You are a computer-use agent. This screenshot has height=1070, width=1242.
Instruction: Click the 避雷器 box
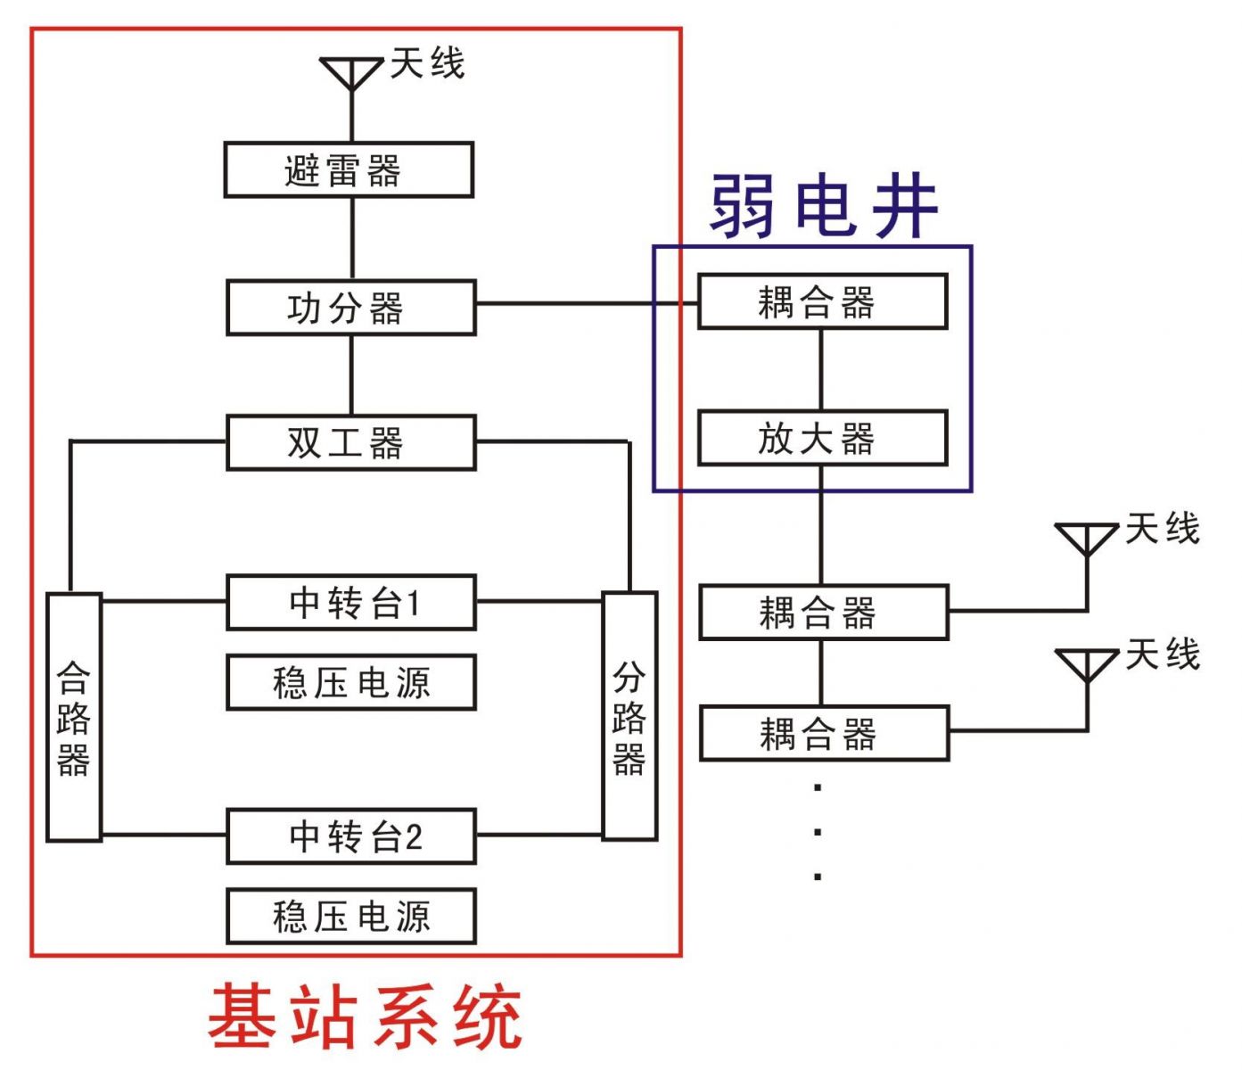tap(349, 169)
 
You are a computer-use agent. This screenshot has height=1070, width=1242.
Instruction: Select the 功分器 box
tap(351, 308)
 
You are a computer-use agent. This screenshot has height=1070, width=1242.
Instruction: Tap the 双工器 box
tap(351, 442)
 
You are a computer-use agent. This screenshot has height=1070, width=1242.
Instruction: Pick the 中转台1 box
tap(351, 603)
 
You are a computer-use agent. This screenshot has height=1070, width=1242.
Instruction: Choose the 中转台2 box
tap(351, 836)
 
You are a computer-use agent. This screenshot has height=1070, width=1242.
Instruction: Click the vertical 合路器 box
tap(74, 717)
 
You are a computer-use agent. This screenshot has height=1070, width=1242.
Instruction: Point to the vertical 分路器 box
tap(629, 716)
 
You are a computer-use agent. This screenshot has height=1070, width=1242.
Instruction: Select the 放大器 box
tap(822, 438)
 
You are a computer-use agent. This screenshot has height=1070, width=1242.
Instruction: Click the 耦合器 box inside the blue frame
tap(822, 302)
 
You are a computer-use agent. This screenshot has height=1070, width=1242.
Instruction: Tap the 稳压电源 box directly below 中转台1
tap(351, 682)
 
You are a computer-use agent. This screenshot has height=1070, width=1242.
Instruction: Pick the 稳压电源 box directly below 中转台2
tap(351, 916)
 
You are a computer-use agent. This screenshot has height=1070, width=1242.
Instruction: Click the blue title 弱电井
tap(824, 206)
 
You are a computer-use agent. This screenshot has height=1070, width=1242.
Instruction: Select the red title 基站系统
tap(365, 1016)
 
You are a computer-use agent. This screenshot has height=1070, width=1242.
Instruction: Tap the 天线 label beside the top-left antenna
tap(428, 64)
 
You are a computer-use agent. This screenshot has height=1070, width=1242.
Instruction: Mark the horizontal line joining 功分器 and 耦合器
tap(587, 304)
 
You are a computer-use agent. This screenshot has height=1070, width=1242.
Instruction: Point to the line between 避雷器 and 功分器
tap(352, 238)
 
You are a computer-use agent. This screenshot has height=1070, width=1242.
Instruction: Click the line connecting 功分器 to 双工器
tap(352, 374)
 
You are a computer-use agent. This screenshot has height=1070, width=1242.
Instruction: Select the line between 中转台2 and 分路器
tap(539, 835)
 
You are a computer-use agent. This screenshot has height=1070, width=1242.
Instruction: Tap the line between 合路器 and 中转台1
tap(164, 601)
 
